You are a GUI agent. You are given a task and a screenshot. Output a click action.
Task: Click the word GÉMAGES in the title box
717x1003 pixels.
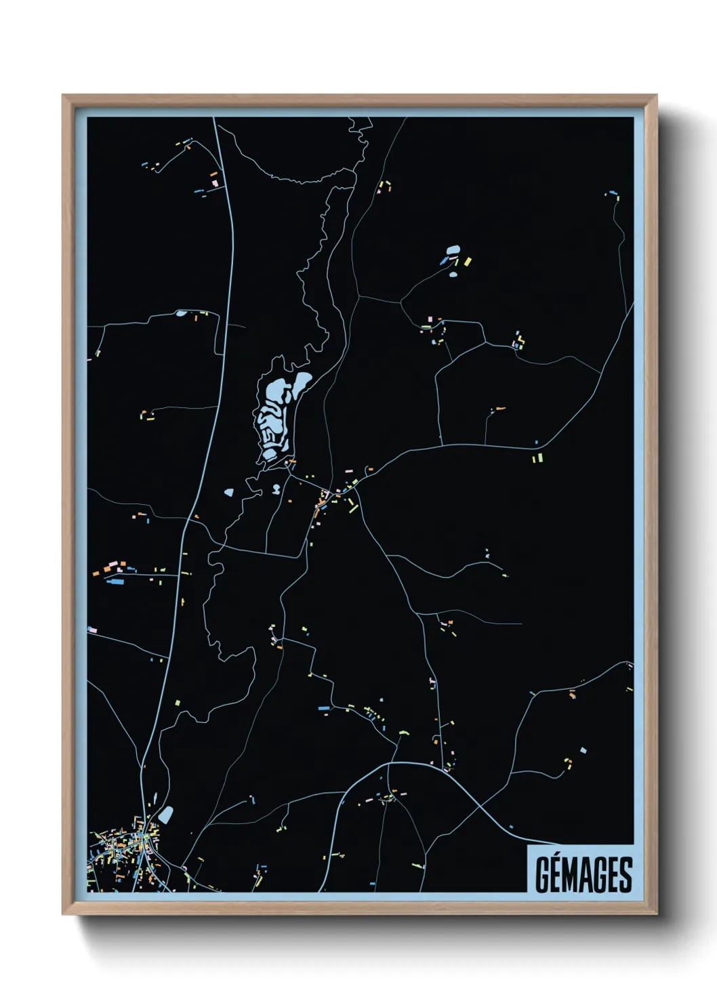[583, 874]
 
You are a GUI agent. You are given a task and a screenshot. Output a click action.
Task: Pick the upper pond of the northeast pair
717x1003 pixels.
[451, 250]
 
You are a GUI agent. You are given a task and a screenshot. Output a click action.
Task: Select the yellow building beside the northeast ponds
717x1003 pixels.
[467, 261]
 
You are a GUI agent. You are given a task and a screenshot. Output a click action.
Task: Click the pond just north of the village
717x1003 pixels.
[165, 814]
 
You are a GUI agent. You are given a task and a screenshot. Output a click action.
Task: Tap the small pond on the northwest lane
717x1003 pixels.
[180, 313]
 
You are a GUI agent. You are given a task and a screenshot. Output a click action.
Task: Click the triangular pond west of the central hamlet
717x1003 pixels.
[228, 493]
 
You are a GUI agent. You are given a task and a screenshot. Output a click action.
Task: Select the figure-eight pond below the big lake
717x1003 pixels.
[276, 488]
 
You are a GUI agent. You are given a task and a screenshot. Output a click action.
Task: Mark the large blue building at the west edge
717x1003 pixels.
[115, 581]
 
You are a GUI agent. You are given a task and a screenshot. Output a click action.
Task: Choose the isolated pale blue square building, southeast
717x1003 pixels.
[583, 750]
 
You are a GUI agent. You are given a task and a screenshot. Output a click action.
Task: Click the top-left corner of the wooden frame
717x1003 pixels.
[63, 96]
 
